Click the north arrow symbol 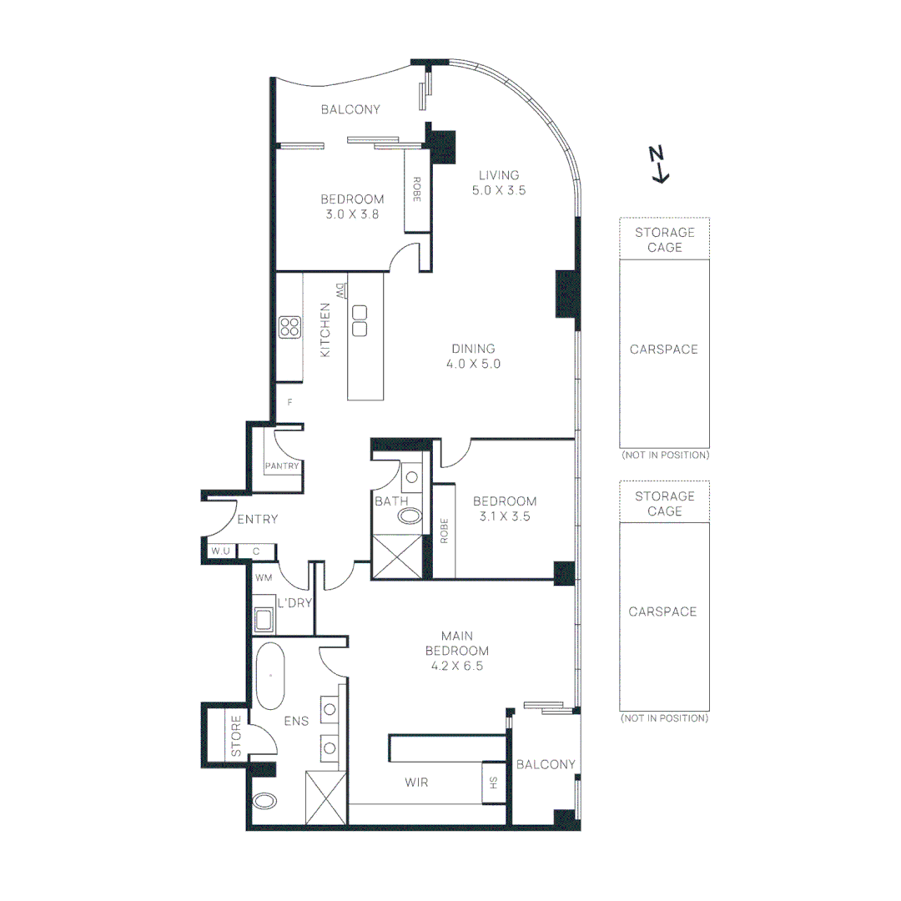(x=659, y=164)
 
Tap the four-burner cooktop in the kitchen (x=289, y=326)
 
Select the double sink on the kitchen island (x=360, y=321)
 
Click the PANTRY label (x=281, y=466)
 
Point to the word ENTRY (x=257, y=520)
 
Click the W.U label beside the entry (x=219, y=551)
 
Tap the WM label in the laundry (x=264, y=577)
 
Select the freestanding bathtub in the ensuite (x=269, y=676)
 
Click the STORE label (x=236, y=737)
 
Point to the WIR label (x=417, y=782)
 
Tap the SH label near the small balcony (x=493, y=783)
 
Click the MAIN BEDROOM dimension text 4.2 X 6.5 (x=456, y=666)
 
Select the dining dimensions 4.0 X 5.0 (x=473, y=364)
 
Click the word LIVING (x=499, y=175)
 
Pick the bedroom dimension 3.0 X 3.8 (x=352, y=214)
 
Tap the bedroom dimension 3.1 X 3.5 (x=505, y=516)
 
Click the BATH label (x=390, y=501)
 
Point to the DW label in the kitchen (x=340, y=292)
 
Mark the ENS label (x=296, y=721)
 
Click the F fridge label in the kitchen (x=289, y=402)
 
